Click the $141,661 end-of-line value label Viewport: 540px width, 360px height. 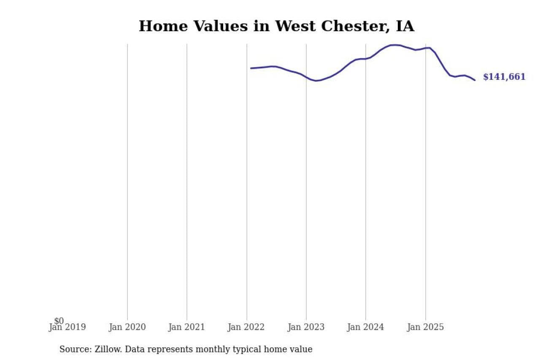coord(504,77)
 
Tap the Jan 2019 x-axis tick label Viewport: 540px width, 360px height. coord(67,327)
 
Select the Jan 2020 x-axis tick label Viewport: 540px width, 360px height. coord(127,327)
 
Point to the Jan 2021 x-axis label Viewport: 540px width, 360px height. coord(186,327)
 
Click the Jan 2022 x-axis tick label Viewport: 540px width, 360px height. coord(246,327)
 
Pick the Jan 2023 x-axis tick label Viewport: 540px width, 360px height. coord(306,327)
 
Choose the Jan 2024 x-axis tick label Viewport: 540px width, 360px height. coord(366,327)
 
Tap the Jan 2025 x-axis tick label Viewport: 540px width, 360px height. coord(425,327)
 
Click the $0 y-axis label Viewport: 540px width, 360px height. coord(59,321)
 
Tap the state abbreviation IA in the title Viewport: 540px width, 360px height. coord(405,26)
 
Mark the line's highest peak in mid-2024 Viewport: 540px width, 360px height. coord(394,45)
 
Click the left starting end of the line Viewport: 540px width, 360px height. coord(251,68)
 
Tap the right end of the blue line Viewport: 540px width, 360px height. coord(475,80)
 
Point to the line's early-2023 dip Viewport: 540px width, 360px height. coord(316,81)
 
